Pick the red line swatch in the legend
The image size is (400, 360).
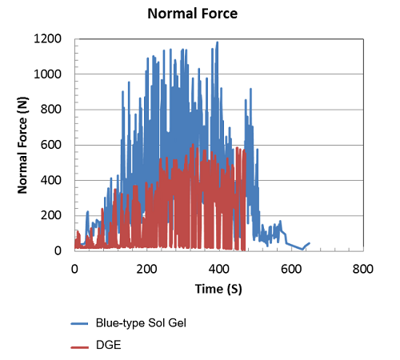point(80,347)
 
